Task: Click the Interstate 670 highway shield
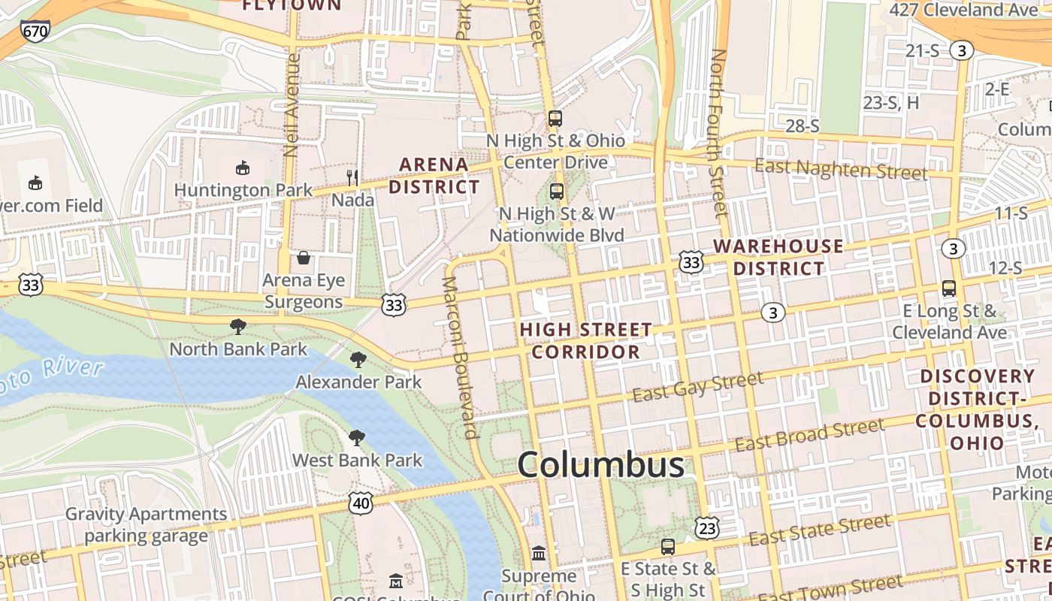pyautogui.click(x=35, y=31)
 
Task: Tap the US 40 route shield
pyautogui.click(x=361, y=503)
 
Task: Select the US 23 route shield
pyautogui.click(x=707, y=528)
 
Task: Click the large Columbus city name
pyautogui.click(x=601, y=466)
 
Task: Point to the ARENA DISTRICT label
pyautogui.click(x=434, y=175)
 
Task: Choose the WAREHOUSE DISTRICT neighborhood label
pyautogui.click(x=778, y=257)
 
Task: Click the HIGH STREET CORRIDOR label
pyautogui.click(x=586, y=340)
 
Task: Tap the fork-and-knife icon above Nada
pyautogui.click(x=352, y=178)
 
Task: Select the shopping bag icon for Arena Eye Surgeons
pyautogui.click(x=304, y=258)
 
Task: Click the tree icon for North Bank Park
pyautogui.click(x=238, y=326)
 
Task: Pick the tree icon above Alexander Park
pyautogui.click(x=358, y=360)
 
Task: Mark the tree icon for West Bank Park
pyautogui.click(x=357, y=438)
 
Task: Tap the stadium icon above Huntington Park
pyautogui.click(x=243, y=168)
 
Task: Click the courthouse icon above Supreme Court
pyautogui.click(x=539, y=554)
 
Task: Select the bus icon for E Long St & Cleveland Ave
pyautogui.click(x=949, y=288)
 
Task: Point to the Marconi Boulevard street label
pyautogui.click(x=460, y=357)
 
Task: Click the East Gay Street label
pyautogui.click(x=698, y=386)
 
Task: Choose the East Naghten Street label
pyautogui.click(x=841, y=169)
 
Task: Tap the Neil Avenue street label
pyautogui.click(x=292, y=105)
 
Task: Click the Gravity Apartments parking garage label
pyautogui.click(x=146, y=525)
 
